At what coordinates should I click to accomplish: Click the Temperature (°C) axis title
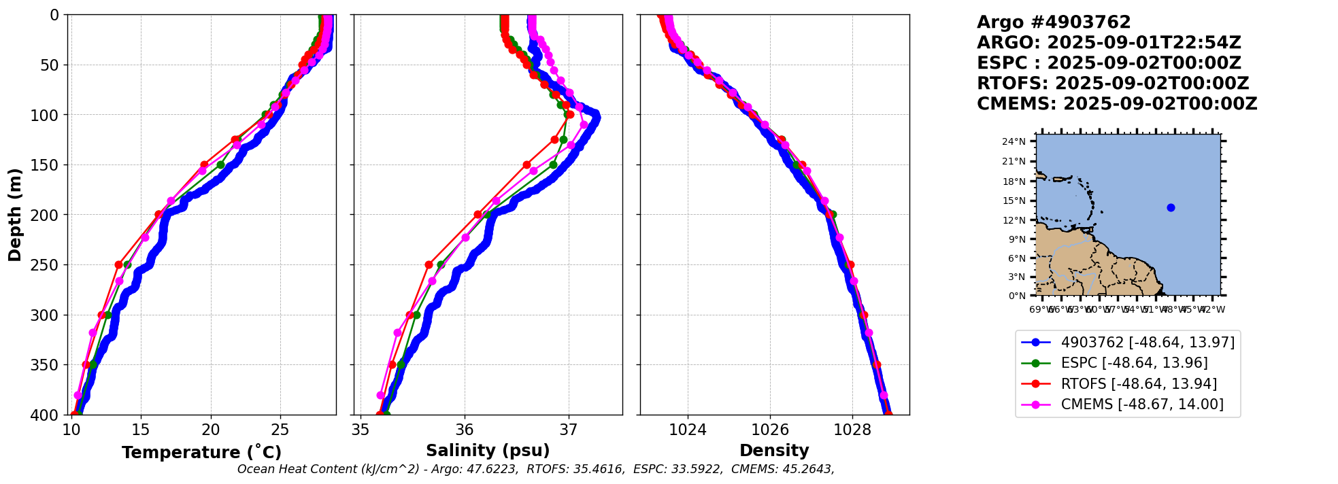click(x=201, y=452)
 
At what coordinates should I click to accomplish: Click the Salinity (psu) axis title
click(x=488, y=450)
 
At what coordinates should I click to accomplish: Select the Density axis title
click(x=774, y=450)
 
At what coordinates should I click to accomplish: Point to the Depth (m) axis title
click(x=15, y=214)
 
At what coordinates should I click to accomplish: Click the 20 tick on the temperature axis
click(x=211, y=430)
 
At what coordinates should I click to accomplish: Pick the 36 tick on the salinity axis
click(x=465, y=430)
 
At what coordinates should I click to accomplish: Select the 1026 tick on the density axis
click(x=770, y=430)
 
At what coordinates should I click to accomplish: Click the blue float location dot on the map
click(x=1171, y=207)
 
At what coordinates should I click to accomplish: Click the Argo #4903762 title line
click(x=1054, y=22)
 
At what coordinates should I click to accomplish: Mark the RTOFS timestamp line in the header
click(x=1113, y=84)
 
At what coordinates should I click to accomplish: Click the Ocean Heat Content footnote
click(x=535, y=469)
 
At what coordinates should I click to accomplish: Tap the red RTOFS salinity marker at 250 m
click(x=429, y=264)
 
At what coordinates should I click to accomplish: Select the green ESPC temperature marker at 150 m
click(x=220, y=165)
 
